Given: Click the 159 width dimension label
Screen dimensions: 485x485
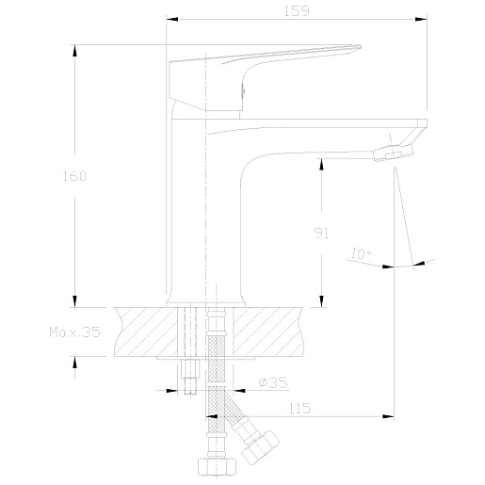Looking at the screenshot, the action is pyautogui.click(x=297, y=10).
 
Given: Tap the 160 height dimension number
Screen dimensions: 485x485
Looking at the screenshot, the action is pyautogui.click(x=74, y=176).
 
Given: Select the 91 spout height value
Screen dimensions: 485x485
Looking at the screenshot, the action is pyautogui.click(x=321, y=233).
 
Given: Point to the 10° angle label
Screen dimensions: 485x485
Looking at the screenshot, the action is pyautogui.click(x=361, y=253).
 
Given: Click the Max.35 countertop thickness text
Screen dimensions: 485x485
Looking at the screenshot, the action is pyautogui.click(x=74, y=331).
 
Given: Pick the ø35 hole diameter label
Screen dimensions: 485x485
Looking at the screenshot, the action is pyautogui.click(x=273, y=382).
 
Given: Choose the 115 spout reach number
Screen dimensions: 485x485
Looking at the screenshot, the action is pyautogui.click(x=299, y=408).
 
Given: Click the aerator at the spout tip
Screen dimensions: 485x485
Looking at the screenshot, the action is pyautogui.click(x=393, y=153).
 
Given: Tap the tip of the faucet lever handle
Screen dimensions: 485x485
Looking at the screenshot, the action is pyautogui.click(x=360, y=47).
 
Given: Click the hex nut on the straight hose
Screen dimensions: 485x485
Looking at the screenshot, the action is pyautogui.click(x=217, y=466).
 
